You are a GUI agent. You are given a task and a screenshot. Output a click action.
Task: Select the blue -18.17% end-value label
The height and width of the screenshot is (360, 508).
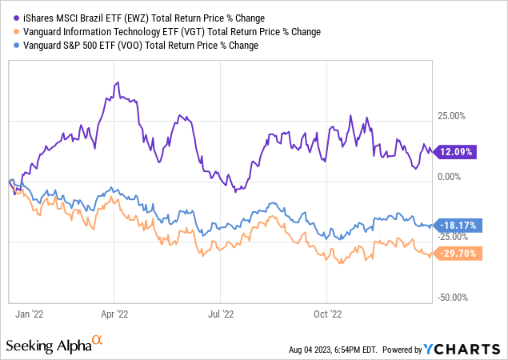pyautogui.click(x=458, y=226)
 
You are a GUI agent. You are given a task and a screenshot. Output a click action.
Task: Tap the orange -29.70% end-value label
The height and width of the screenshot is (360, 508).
pyautogui.click(x=458, y=254)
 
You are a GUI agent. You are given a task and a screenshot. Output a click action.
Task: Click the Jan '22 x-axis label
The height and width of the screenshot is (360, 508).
pyautogui.click(x=30, y=314)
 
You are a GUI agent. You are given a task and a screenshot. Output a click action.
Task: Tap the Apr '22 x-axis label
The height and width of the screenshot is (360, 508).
pyautogui.click(x=117, y=314)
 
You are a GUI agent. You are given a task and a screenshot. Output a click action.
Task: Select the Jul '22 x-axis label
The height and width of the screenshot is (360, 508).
pyautogui.click(x=222, y=314)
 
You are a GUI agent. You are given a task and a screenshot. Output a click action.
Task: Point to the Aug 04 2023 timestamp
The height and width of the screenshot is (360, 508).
pyautogui.click(x=334, y=350)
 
